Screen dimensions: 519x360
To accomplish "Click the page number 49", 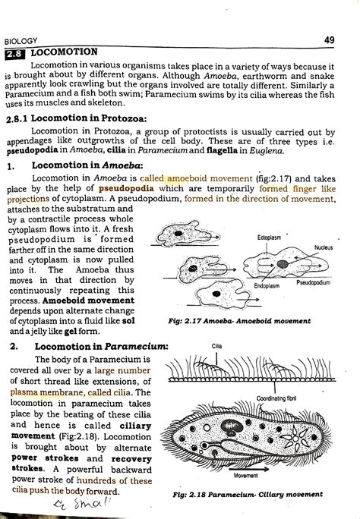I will click(x=328, y=39).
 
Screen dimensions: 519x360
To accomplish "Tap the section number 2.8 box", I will click(x=14, y=53).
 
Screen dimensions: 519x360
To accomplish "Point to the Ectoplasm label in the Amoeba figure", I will click(x=268, y=237).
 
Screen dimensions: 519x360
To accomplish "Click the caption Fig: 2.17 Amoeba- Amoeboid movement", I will click(x=240, y=321).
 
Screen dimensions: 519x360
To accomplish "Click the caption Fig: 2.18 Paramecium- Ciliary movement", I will click(x=245, y=495).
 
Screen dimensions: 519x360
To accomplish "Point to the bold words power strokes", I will click(x=38, y=458).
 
